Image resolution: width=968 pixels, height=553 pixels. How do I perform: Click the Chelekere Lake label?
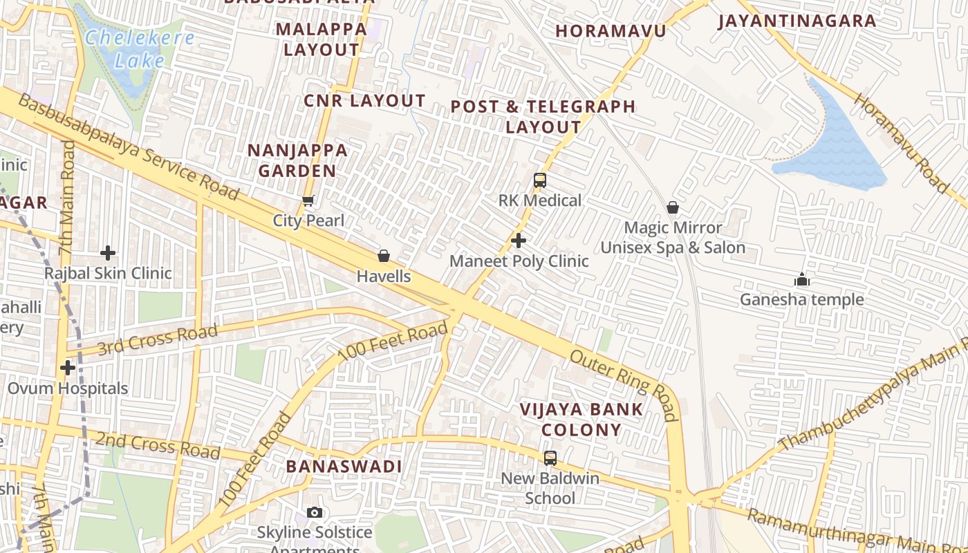tap(139, 48)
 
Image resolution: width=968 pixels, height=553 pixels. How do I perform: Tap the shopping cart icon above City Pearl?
tap(308, 201)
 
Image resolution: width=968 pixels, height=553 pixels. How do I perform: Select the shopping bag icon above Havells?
tap(384, 256)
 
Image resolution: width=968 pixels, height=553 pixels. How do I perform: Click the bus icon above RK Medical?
tap(540, 180)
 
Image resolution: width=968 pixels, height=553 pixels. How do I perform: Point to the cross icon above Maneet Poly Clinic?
tap(519, 241)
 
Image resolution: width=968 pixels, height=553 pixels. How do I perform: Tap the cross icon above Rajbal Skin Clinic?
tap(108, 253)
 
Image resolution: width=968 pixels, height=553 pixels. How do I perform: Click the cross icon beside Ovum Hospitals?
tap(67, 368)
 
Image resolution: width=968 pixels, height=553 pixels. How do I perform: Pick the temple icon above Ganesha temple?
tap(802, 279)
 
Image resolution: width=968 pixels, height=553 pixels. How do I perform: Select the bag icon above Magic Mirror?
tap(672, 207)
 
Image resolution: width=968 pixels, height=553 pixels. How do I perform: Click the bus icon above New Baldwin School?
tap(550, 458)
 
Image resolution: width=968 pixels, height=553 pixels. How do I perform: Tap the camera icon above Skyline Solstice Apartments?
tap(315, 512)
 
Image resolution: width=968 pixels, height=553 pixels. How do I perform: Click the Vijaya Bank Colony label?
tap(581, 419)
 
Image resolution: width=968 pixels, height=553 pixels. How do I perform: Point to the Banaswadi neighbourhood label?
tap(344, 466)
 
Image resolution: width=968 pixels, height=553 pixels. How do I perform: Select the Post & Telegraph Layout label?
tap(543, 117)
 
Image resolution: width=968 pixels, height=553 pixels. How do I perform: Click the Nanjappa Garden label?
tap(297, 160)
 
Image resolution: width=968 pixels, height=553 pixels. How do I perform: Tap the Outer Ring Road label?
tap(622, 384)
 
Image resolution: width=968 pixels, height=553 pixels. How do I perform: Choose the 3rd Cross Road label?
tap(157, 339)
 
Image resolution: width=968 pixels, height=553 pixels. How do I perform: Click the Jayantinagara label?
tap(797, 21)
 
